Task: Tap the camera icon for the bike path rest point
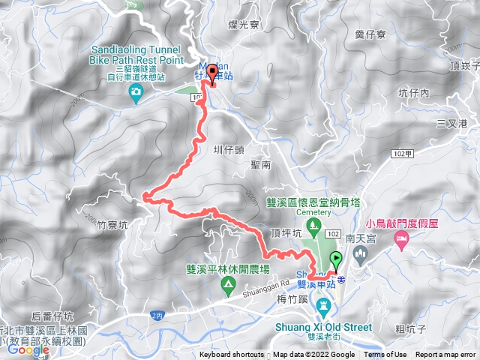coord(136,92)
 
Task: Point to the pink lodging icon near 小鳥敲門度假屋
coord(401,238)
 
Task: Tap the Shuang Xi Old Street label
coord(324,327)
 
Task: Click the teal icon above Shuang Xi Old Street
coord(324,305)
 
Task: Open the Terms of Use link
coord(385,355)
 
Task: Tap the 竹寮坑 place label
coord(113,223)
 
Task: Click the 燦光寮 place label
coord(243,25)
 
